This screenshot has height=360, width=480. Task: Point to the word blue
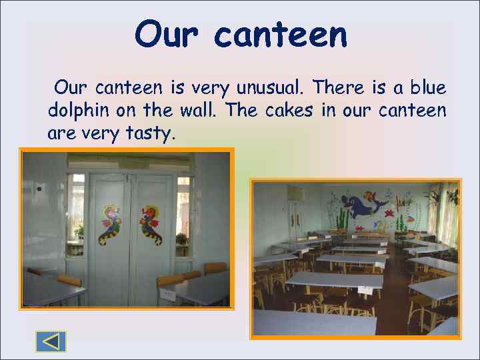[427, 87]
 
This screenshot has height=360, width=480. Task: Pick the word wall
[201, 110]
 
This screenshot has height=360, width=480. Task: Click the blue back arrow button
[51, 341]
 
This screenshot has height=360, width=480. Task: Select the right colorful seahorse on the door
[150, 224]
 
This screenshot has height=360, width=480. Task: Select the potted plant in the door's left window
[79, 231]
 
